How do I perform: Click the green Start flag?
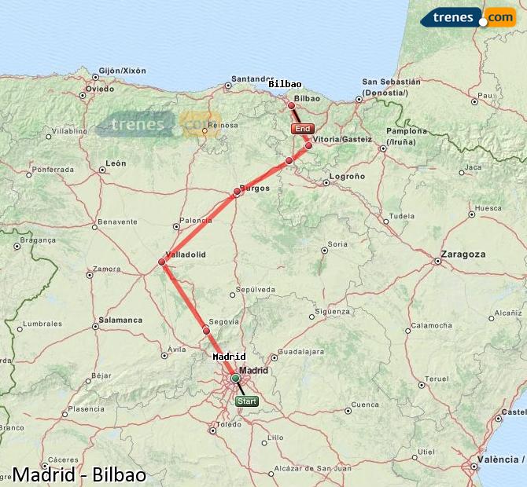point(246,401)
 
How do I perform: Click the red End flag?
point(302,128)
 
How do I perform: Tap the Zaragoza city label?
point(463,254)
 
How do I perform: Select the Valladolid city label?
point(186,254)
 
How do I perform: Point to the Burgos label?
point(255,189)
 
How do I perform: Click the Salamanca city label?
point(121,320)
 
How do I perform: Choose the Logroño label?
point(347,177)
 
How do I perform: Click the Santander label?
point(252,79)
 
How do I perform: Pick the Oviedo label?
point(100,89)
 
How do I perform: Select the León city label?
point(116,163)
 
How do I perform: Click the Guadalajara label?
point(302,352)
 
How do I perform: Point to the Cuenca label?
point(363,405)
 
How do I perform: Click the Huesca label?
point(488,208)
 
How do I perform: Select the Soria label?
point(337,244)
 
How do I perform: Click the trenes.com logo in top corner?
point(468,16)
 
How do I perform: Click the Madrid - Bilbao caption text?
point(79,474)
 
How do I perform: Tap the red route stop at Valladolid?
point(161,262)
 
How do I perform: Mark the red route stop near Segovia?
point(206,331)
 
